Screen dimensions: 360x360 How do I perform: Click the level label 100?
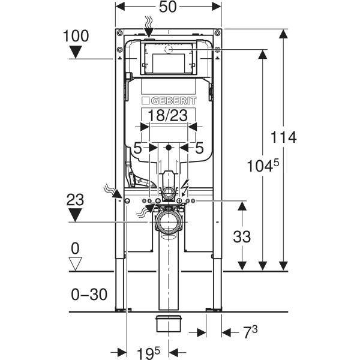(x=75, y=36)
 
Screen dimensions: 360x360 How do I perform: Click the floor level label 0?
(x=75, y=247)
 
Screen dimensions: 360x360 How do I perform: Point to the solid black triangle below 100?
(x=75, y=52)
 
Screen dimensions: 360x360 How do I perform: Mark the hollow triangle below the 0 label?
(x=75, y=263)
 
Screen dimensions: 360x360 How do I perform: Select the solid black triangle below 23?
(x=75, y=214)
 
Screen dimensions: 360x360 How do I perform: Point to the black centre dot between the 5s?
(x=169, y=147)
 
